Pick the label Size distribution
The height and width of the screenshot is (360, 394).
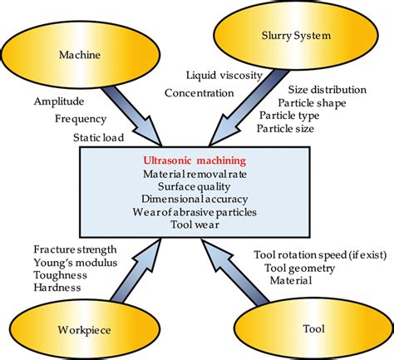pos(327,89)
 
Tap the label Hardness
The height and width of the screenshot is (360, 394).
pos(57,287)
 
